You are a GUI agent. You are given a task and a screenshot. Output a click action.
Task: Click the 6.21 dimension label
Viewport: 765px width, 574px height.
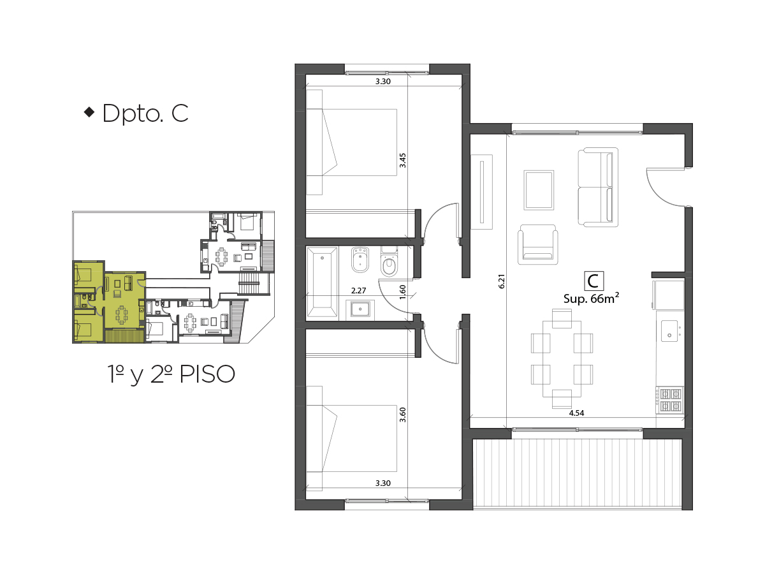tap(501, 281)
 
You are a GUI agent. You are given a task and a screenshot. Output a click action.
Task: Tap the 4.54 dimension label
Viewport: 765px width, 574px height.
tap(576, 413)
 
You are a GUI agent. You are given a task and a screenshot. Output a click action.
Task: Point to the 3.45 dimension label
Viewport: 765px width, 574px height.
tap(402, 160)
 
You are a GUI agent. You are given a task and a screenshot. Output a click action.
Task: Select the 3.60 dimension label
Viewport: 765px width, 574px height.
tap(402, 415)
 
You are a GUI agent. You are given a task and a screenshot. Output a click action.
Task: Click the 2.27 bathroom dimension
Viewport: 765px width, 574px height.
tap(359, 290)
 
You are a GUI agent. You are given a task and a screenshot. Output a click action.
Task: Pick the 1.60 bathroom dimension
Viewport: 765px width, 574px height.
tap(402, 292)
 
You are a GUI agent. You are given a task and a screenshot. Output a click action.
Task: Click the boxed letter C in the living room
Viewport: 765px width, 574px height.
tap(594, 281)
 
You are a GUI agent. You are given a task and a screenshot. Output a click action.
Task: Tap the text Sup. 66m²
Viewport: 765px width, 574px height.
tap(591, 298)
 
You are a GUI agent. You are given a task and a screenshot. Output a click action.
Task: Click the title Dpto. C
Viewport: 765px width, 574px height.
tap(145, 114)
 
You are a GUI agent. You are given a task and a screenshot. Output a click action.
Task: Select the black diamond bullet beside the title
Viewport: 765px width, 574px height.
tap(90, 112)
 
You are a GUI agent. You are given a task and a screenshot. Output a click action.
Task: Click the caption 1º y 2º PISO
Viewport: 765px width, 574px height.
tap(171, 374)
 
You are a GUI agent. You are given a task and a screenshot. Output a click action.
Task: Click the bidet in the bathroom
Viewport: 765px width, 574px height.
tap(360, 260)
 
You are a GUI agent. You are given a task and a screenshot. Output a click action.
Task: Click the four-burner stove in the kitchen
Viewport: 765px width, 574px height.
tap(669, 400)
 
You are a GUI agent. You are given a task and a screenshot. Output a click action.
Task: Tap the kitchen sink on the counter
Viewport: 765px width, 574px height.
tap(669, 331)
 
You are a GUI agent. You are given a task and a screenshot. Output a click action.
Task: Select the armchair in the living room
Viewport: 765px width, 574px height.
tap(538, 245)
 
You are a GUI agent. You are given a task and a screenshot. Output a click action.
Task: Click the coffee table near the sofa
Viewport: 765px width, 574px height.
tap(539, 190)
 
